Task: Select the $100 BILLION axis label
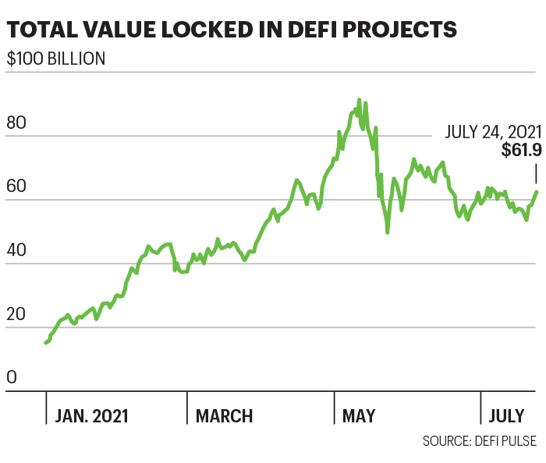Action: pos(56,59)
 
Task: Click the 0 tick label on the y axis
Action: pos(12,378)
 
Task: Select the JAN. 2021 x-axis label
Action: pos(92,415)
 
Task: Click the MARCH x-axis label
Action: pos(225,415)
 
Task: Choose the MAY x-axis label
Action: pos(359,415)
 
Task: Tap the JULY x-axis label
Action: pos(508,415)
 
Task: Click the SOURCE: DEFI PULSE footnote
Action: pos(479,441)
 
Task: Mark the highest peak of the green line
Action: pos(359,100)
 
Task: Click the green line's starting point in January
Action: pos(46,343)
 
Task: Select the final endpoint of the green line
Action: pos(536,192)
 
